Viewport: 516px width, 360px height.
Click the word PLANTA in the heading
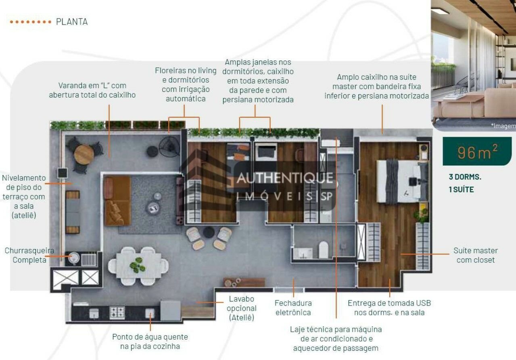point(72,22)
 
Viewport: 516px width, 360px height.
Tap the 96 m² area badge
point(477,151)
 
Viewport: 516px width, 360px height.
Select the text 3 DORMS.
point(465,177)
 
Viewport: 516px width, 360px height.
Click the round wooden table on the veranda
point(84,154)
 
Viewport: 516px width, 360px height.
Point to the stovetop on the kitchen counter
point(117,312)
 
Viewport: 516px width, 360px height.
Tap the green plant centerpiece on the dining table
point(137,265)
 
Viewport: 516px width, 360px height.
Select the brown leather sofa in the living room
point(117,201)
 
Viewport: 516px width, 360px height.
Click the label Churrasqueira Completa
point(29,255)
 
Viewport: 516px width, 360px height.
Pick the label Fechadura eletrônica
point(293,308)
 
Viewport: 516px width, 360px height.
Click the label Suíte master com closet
point(476,255)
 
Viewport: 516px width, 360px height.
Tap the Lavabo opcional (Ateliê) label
point(241,308)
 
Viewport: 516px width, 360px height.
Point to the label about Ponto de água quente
point(150,341)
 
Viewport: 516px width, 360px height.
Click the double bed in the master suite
point(402,181)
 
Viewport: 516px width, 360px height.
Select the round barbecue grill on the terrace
point(74,258)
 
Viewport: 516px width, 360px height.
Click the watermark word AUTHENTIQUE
point(284,178)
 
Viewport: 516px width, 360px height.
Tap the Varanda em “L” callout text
point(92,90)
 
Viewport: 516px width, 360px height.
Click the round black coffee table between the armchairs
point(209,232)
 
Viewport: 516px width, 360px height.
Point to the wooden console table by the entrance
point(244,283)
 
